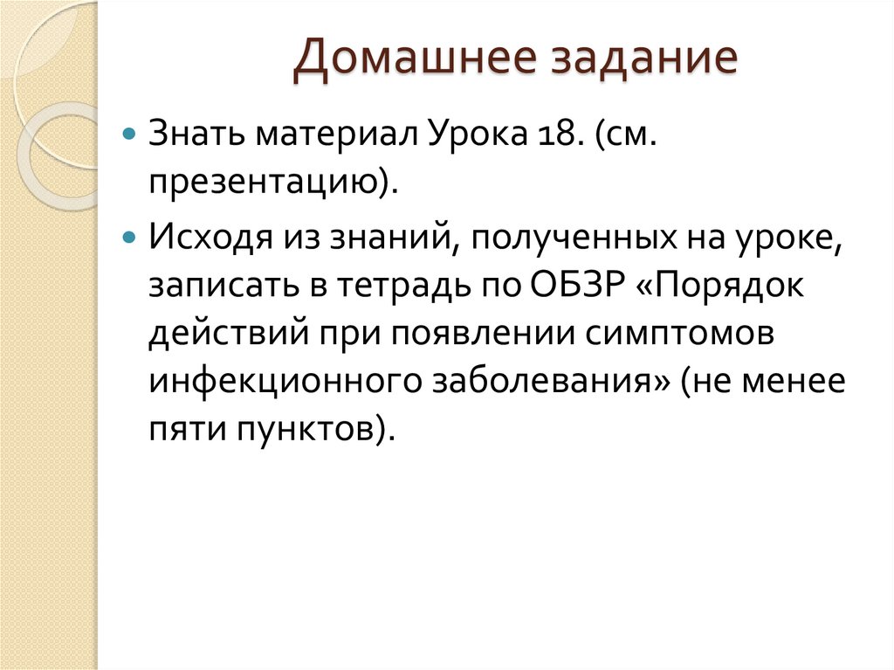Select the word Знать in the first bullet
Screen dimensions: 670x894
[x=196, y=136]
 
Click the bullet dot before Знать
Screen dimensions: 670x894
[x=129, y=138]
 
